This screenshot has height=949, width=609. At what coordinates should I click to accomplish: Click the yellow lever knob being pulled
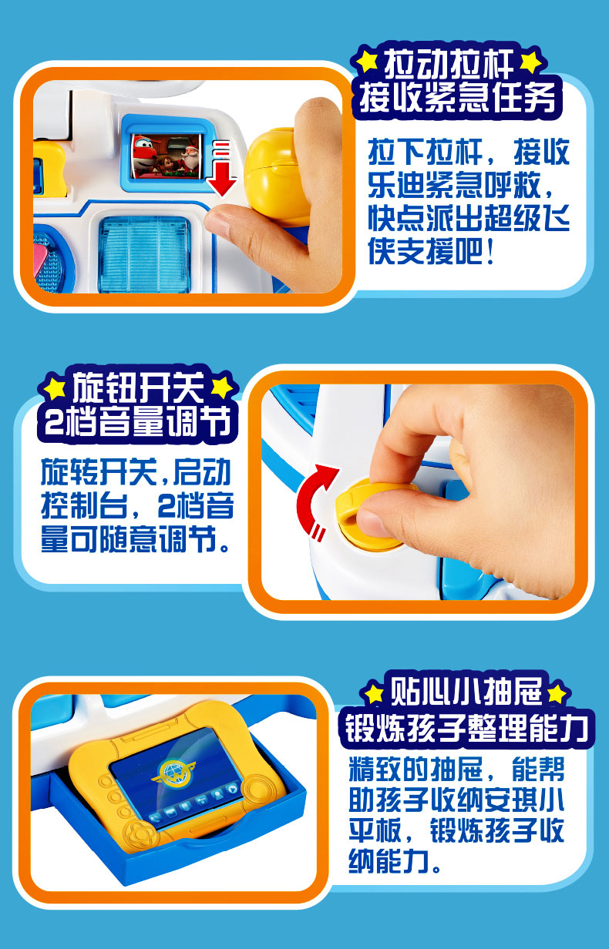[x=277, y=174]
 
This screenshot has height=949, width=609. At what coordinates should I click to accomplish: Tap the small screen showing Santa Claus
[x=167, y=156]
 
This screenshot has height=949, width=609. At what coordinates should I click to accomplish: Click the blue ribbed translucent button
[x=144, y=253]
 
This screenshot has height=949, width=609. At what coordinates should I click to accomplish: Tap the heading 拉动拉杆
[x=449, y=63]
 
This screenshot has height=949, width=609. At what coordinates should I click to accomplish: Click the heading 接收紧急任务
[x=457, y=97]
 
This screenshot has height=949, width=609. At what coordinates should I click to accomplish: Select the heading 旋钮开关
[x=138, y=387]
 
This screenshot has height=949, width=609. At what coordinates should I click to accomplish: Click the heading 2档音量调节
[x=138, y=422]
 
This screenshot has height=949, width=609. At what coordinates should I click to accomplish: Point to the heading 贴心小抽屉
[x=466, y=692]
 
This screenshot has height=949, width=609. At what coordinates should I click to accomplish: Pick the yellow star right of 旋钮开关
[x=222, y=387]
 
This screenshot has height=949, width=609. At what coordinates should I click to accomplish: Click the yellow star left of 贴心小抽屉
[x=374, y=694]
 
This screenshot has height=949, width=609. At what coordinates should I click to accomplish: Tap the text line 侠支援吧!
[x=431, y=251]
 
